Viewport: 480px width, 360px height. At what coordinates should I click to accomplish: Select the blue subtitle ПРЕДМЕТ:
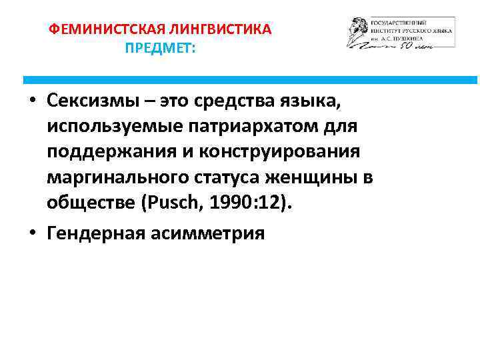pos(160,49)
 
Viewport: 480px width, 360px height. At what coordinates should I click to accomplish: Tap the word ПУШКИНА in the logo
pos(433,39)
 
